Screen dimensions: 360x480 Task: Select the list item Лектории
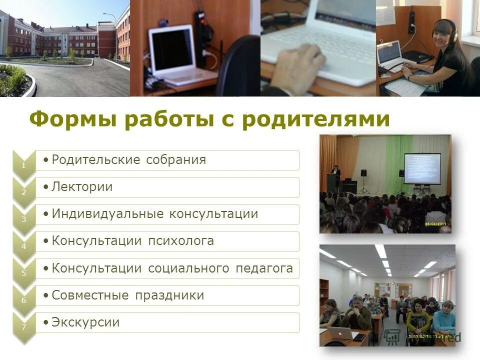click(x=82, y=187)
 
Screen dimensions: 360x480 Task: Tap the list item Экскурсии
click(x=85, y=322)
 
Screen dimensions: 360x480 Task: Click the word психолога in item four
click(x=181, y=241)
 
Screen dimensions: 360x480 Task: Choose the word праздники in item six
click(x=169, y=295)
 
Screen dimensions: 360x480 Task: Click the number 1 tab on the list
click(x=22, y=165)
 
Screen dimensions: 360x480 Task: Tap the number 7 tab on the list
click(x=22, y=327)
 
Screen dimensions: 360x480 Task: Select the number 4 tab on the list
click(x=22, y=246)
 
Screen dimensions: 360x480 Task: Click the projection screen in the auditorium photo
click(x=422, y=168)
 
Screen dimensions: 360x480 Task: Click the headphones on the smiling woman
click(x=444, y=29)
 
